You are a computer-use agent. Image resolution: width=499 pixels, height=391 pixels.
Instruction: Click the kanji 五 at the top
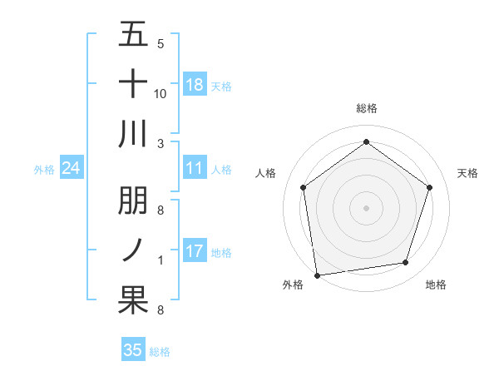[x=133, y=34]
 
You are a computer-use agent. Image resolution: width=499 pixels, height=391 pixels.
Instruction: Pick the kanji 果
[x=133, y=300]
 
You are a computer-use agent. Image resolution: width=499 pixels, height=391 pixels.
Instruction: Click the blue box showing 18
[x=195, y=85]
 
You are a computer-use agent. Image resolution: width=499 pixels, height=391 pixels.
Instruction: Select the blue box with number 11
[x=195, y=169]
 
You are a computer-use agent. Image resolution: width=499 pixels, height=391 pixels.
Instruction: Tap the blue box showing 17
[x=195, y=251]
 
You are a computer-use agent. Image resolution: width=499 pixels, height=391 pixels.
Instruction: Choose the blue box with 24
[x=72, y=169]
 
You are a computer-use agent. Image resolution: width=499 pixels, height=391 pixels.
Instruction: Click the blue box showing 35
[x=133, y=350]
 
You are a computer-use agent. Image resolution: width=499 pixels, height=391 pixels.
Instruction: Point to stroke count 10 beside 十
[x=160, y=93]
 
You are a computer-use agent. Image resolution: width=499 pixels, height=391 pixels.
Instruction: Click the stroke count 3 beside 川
[x=160, y=142]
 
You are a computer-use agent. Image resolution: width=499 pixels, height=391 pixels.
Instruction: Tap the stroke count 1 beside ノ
[x=160, y=261]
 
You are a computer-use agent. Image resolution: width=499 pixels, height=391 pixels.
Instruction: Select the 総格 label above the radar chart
[x=367, y=108]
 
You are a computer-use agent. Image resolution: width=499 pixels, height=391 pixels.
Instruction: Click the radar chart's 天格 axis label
[x=468, y=173]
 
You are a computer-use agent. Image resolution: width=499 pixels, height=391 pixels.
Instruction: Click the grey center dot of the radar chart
[x=366, y=207]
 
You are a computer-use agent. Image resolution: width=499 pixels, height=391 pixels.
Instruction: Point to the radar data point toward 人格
[x=303, y=187]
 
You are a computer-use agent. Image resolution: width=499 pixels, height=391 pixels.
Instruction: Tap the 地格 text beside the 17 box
[x=221, y=253]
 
